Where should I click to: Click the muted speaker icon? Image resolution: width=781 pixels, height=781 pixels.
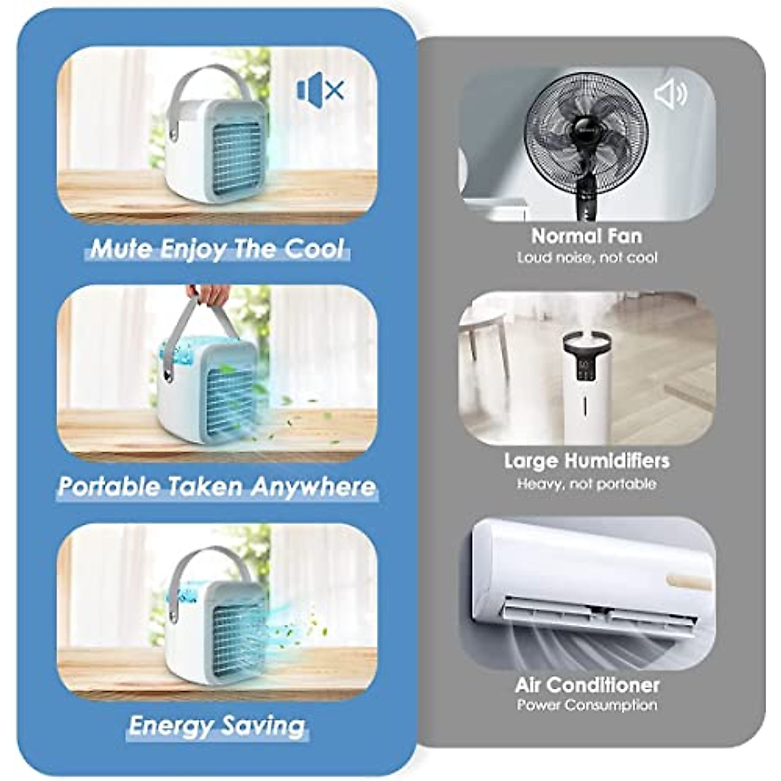coord(320,90)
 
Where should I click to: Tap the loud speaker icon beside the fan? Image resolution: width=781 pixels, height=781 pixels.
coord(670,94)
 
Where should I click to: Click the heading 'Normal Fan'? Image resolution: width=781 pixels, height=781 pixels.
coord(586,236)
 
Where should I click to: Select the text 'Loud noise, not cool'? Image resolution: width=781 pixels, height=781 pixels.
coord(587,258)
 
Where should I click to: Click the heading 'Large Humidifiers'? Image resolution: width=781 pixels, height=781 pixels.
coord(586,461)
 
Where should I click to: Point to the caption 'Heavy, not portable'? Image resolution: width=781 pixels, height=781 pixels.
coord(586,484)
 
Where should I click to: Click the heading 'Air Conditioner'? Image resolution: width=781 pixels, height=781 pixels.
coord(587,685)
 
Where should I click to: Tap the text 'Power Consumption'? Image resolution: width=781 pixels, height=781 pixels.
coord(587,706)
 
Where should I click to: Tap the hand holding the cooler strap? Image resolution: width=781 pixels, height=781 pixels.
coord(210,294)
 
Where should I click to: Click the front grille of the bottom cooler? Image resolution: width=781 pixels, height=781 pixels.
coord(239,635)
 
